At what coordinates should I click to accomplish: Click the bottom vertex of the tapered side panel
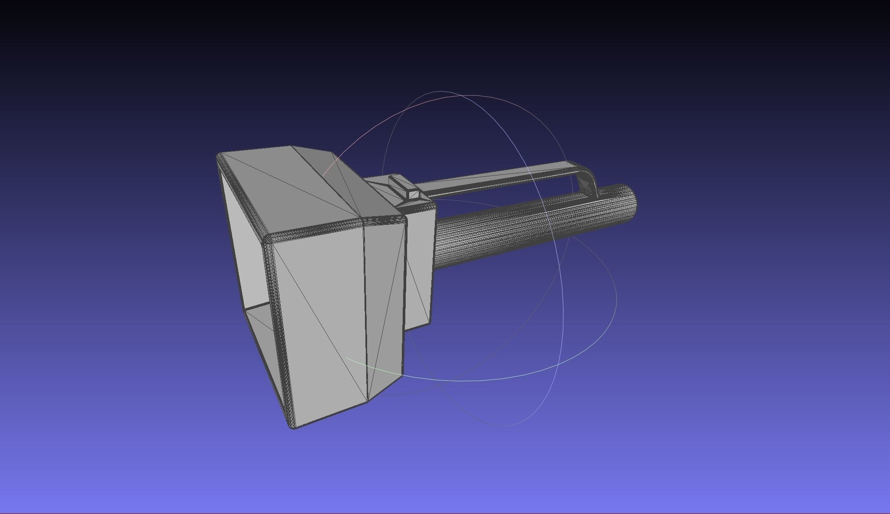(x=368, y=402)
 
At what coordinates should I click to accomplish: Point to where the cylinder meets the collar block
(x=435, y=243)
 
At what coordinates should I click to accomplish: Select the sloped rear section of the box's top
(x=347, y=182)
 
